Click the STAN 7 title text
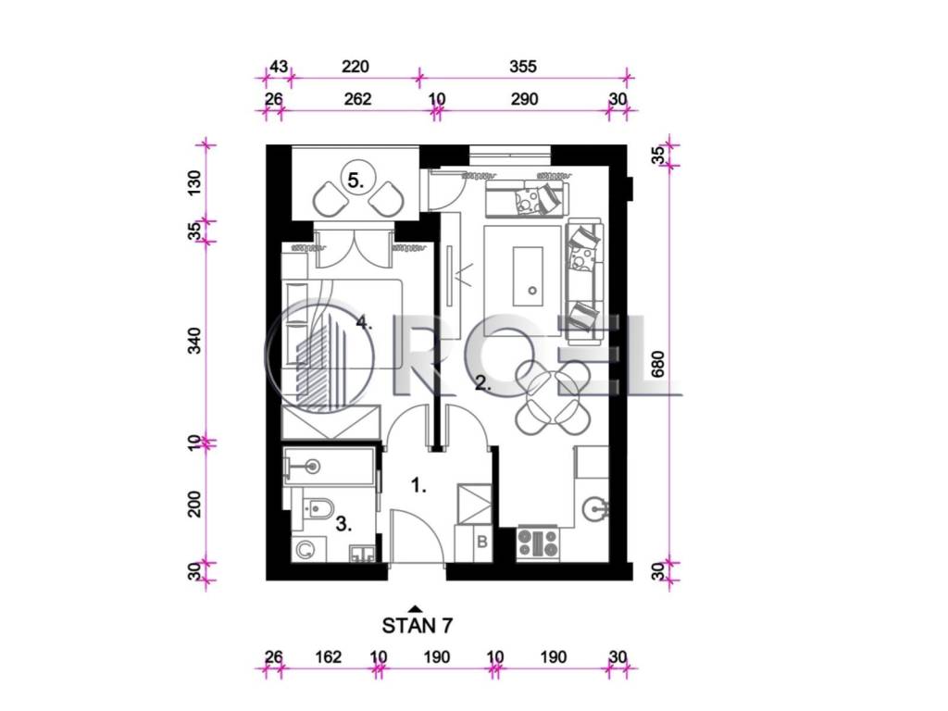coord(417,625)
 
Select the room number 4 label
coord(363,322)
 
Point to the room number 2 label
coord(482,382)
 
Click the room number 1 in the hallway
coord(418,485)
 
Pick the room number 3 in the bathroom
coord(343,524)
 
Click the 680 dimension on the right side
coord(658,364)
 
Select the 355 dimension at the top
coord(522,66)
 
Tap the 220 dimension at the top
coord(355,66)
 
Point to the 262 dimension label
coord(357,98)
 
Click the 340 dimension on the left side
coord(194,341)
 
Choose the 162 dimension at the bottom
coord(329,656)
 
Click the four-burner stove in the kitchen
coord(538,543)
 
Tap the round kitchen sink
coord(596,508)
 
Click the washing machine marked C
coord(306,550)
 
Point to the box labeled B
coord(481,542)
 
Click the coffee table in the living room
coord(529,276)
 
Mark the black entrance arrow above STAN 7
coord(415,609)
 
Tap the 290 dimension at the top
coord(524,98)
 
